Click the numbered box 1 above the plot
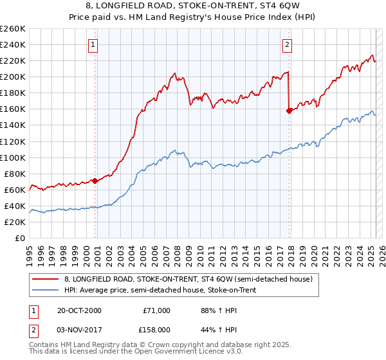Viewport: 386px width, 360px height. pos(93,45)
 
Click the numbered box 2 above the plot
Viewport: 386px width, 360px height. pos(287,45)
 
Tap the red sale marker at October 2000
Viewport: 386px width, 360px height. pos(95,181)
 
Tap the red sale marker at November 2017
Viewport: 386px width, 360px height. pos(289,111)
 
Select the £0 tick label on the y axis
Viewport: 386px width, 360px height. pos(21,238)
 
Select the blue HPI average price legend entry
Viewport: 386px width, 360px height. pos(160,291)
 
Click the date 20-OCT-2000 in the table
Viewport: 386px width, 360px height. pos(79,310)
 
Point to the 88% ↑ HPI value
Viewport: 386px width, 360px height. pos(214,310)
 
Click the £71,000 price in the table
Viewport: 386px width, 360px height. pos(156,310)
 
